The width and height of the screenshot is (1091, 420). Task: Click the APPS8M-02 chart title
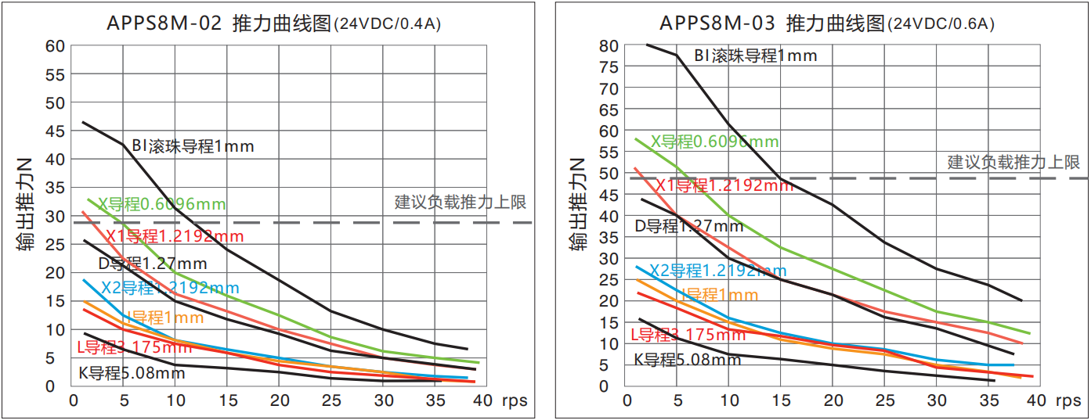273,23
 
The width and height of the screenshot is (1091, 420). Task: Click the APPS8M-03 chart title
826,23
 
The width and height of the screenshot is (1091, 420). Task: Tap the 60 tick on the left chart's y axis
54,46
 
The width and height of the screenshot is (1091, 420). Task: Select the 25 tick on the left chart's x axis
331,400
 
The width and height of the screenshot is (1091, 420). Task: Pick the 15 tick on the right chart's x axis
780,400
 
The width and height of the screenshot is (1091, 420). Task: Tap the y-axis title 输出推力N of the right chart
579,206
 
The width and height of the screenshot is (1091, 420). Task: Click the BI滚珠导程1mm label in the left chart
193,146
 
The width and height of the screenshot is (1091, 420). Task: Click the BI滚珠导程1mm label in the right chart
756,56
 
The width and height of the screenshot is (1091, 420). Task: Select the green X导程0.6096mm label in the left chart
161,205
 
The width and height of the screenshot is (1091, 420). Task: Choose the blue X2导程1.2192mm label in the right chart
717,271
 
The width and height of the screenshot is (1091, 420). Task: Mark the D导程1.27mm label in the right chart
688,227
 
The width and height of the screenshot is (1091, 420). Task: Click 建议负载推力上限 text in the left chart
461,203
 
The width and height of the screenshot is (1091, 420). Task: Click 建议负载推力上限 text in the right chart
1013,163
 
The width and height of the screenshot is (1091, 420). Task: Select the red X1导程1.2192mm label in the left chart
175,236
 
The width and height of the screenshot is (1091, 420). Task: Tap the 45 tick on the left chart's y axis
54,131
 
